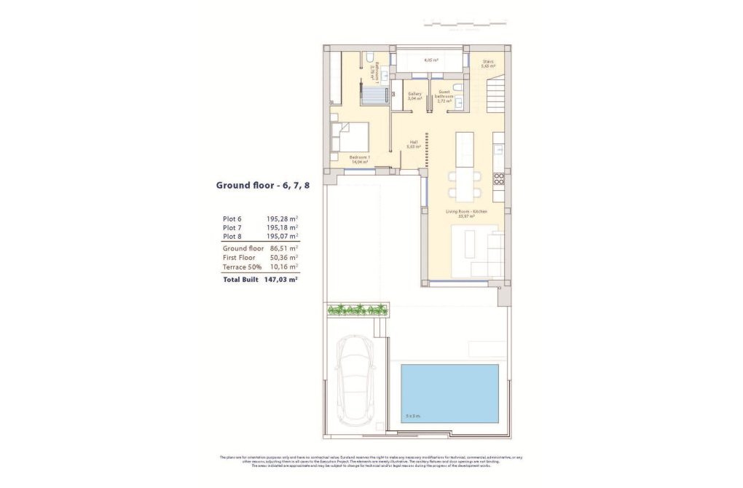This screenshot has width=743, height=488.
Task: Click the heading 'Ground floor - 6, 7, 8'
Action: point(262,185)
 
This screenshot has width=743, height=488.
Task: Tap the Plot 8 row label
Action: point(232,237)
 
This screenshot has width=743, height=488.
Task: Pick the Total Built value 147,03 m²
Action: point(283,278)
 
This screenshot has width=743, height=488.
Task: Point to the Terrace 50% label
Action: point(242,267)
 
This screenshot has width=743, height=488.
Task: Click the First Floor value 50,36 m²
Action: point(283,257)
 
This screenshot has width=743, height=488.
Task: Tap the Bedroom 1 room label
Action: point(360,160)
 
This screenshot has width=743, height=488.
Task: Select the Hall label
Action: point(414,144)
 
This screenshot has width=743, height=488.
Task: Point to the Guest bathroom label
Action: point(444,95)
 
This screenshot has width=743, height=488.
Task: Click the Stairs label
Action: point(487,63)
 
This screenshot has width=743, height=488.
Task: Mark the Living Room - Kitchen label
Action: point(466,213)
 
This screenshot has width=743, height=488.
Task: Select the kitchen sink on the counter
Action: point(499,149)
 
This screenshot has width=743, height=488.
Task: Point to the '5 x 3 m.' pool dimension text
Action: point(412,417)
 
